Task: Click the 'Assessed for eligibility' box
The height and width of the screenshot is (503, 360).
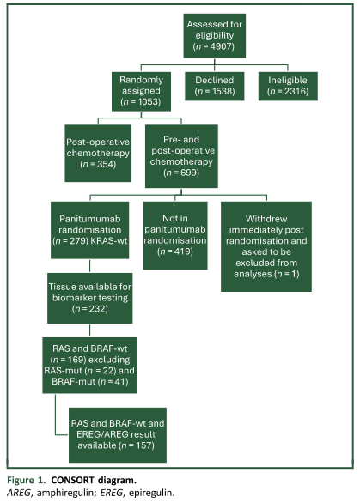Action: click(x=215, y=35)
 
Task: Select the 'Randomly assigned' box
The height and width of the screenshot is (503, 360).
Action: click(x=141, y=91)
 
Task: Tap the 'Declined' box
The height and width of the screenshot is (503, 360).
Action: click(x=215, y=86)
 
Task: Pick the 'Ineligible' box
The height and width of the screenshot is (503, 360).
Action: click(x=288, y=86)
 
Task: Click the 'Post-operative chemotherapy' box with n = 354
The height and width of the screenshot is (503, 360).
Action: click(x=98, y=153)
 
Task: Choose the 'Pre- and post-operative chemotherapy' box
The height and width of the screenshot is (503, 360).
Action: click(x=181, y=156)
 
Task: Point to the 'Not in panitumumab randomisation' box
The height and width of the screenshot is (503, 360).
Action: click(x=175, y=235)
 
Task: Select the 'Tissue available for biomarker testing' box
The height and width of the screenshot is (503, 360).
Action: click(x=90, y=298)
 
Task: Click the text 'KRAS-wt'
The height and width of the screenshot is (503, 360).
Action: click(x=108, y=240)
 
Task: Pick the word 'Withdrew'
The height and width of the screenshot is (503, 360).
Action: click(x=266, y=219)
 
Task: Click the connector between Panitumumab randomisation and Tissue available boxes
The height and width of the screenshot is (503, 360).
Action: click(x=89, y=266)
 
